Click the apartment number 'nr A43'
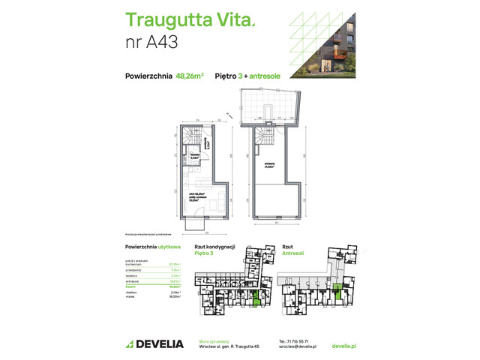pyautogui.click(x=151, y=42)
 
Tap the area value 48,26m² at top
pyautogui.click(x=190, y=76)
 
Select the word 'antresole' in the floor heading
pyautogui.click(x=265, y=76)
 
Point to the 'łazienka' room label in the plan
pyautogui.click(x=194, y=157)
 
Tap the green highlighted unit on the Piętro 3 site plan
pyautogui.click(x=258, y=300)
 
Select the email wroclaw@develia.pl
pyautogui.click(x=295, y=346)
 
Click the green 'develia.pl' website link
pyautogui.click(x=343, y=346)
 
